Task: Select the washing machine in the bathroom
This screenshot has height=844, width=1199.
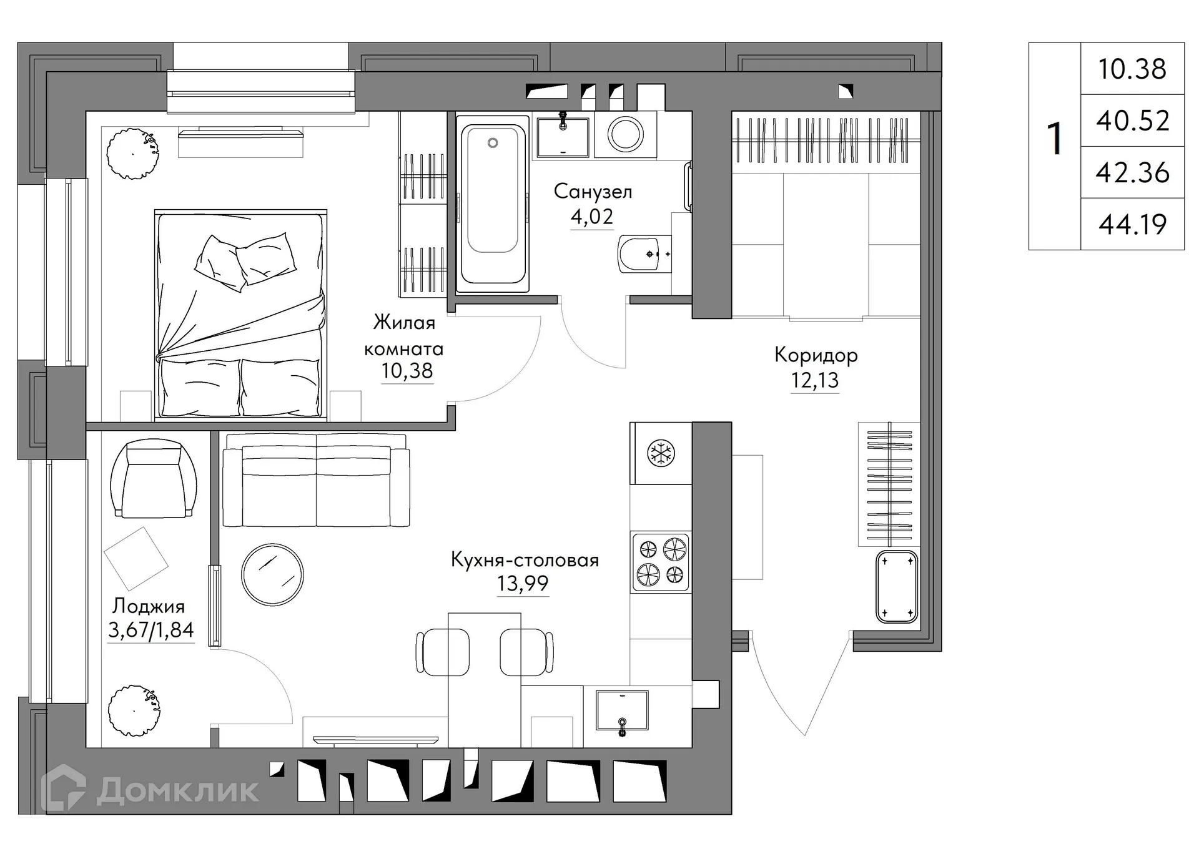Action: [626, 134]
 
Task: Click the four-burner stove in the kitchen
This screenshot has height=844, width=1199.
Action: [661, 562]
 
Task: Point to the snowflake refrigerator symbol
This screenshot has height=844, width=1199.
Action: [660, 453]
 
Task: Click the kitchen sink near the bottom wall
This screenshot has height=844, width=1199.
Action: [622, 710]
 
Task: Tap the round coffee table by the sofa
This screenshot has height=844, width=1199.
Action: [272, 574]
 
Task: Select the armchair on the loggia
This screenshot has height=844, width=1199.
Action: [154, 479]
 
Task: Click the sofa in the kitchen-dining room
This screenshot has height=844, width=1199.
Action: [316, 481]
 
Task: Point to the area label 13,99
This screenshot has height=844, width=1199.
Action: [523, 584]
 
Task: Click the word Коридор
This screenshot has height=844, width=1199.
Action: [816, 355]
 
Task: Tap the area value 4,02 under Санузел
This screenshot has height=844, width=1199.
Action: [591, 217]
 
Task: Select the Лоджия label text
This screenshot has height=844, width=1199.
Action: [149, 606]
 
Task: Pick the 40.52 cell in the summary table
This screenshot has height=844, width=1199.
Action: [1132, 120]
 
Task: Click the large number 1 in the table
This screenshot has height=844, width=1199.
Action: [1055, 139]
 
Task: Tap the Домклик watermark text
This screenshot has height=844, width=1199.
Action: [177, 791]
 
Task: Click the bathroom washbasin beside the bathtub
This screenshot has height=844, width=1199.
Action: [563, 136]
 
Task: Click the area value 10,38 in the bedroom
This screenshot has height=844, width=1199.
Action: [407, 371]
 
